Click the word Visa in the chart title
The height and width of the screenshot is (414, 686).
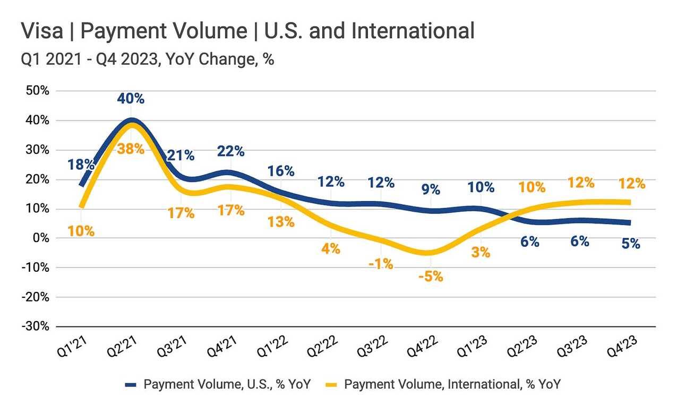[x=40, y=31]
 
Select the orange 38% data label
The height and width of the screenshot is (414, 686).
[x=131, y=149]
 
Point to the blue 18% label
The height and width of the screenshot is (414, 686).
[x=81, y=164]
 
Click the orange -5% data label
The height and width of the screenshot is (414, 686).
[x=430, y=277]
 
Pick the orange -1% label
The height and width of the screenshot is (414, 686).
[x=381, y=263]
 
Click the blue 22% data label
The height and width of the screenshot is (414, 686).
[x=231, y=151]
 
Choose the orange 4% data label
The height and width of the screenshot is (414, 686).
[x=331, y=248]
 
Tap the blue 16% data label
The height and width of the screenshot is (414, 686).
[x=281, y=171]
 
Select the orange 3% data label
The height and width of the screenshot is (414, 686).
[x=481, y=253]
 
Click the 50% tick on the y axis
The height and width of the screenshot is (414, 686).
[x=37, y=91]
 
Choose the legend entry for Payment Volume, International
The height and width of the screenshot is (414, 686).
[x=444, y=384]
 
